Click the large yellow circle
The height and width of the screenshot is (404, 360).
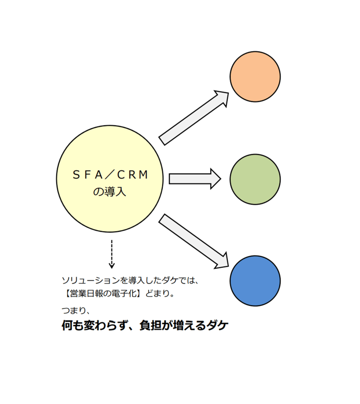[x=110, y=179]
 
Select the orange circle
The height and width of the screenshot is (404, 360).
[x=255, y=77]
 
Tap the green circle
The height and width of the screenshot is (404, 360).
[x=255, y=180]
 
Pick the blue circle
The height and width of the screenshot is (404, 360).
[x=255, y=281]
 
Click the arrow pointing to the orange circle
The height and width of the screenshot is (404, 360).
[x=194, y=118]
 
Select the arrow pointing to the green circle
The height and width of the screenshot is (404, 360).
[x=195, y=179]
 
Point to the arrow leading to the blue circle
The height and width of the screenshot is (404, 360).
[x=194, y=241]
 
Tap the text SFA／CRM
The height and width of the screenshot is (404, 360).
[x=110, y=175]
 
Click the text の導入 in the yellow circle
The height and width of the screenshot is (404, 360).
[x=110, y=192]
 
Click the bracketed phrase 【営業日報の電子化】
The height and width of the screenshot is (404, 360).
[x=103, y=294]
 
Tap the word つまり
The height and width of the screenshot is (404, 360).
[x=73, y=310]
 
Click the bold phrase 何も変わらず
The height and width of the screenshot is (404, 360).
[x=95, y=325]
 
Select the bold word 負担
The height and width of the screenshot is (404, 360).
[x=150, y=325]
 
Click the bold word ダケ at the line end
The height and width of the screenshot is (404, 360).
[x=217, y=325]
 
